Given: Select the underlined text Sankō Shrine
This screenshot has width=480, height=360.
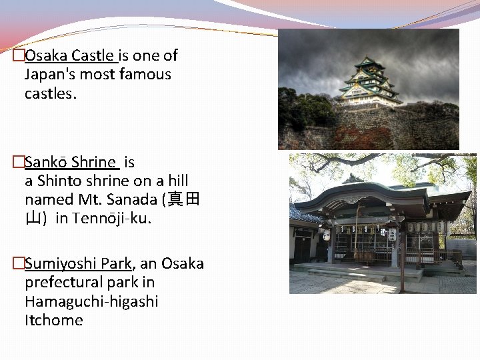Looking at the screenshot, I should tap(71, 162).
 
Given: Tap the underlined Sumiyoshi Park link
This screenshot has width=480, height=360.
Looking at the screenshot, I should tap(80, 263).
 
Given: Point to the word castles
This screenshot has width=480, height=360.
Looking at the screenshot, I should tap(51, 93).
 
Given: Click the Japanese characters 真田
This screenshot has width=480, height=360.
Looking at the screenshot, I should tap(184, 199).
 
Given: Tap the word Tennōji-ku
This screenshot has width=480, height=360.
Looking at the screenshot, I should tap(112, 218).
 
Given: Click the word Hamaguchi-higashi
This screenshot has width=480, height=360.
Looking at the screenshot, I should tap(91, 301).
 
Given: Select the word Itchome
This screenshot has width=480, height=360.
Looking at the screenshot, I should tap(54, 320).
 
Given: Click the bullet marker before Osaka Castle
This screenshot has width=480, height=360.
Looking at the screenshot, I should tap(19, 55).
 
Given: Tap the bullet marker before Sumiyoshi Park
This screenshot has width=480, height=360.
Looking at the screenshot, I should tap(19, 263).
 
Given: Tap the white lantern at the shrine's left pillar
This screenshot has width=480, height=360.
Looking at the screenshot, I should tap(327, 235).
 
